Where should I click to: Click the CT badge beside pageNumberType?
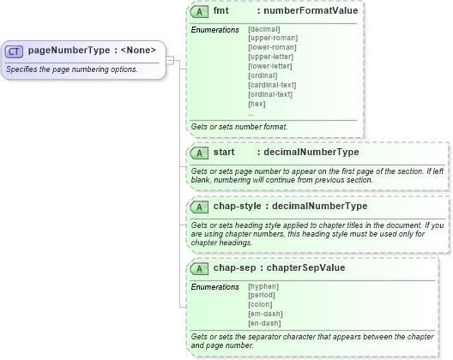pyautogui.click(x=15, y=51)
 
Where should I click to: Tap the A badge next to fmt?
pyautogui.click(x=200, y=13)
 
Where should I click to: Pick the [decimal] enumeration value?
pyautogui.click(x=263, y=29)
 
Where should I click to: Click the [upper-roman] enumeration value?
pyautogui.click(x=272, y=38)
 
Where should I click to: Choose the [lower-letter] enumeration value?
pyautogui.click(x=271, y=66)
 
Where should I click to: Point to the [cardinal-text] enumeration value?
pyautogui.click(x=272, y=85)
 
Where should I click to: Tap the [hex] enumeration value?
pyautogui.click(x=257, y=104)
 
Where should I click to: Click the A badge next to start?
pyautogui.click(x=200, y=153)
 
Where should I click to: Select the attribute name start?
pyautogui.click(x=225, y=153)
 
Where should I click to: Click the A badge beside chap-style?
pyautogui.click(x=200, y=207)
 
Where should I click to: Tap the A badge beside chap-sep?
pyautogui.click(x=200, y=268)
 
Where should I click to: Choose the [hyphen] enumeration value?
pyautogui.click(x=263, y=285)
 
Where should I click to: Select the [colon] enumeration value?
pyautogui.click(x=261, y=304)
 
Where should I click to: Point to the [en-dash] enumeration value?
pyautogui.click(x=265, y=323)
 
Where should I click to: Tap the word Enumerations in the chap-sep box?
pyautogui.click(x=214, y=286)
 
